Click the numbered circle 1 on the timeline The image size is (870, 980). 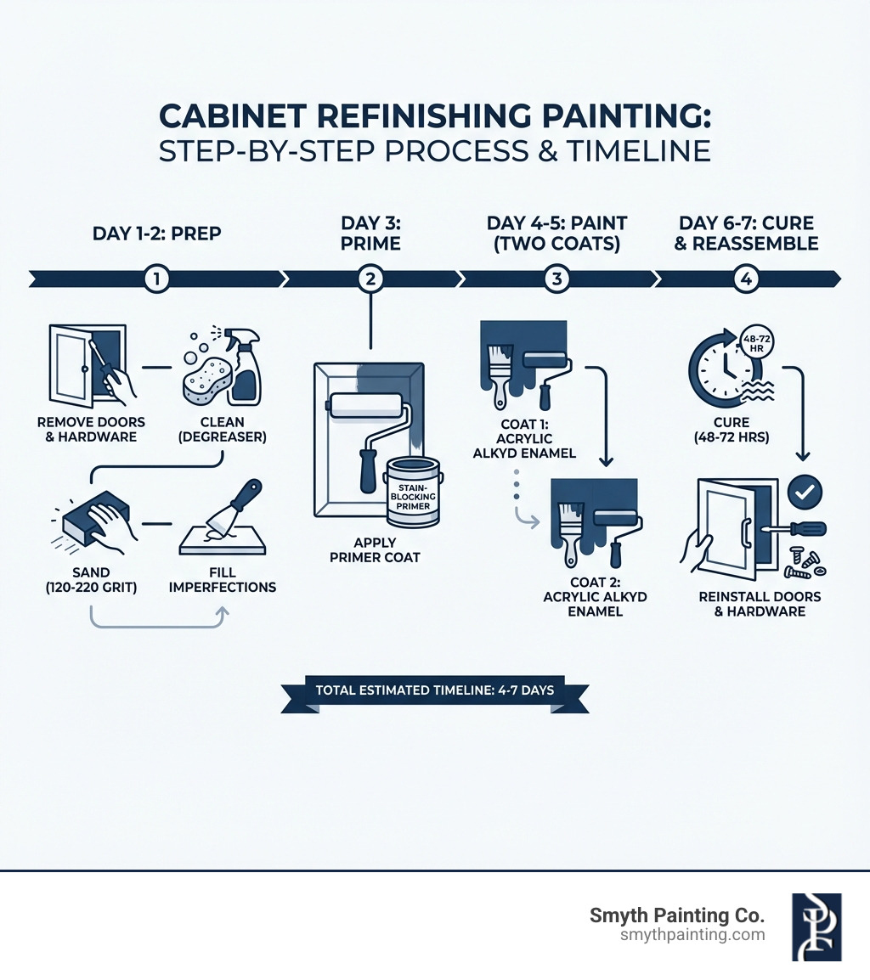pyautogui.click(x=155, y=279)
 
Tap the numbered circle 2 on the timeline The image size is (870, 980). pyautogui.click(x=370, y=279)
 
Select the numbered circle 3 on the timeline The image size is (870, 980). pyautogui.click(x=556, y=279)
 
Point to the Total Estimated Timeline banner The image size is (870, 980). pyautogui.click(x=434, y=690)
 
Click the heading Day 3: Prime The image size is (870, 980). pyautogui.click(x=370, y=233)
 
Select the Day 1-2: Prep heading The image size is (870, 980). pyautogui.click(x=155, y=233)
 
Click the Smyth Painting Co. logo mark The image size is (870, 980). pyautogui.click(x=816, y=926)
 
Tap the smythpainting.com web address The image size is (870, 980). pyautogui.click(x=693, y=935)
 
